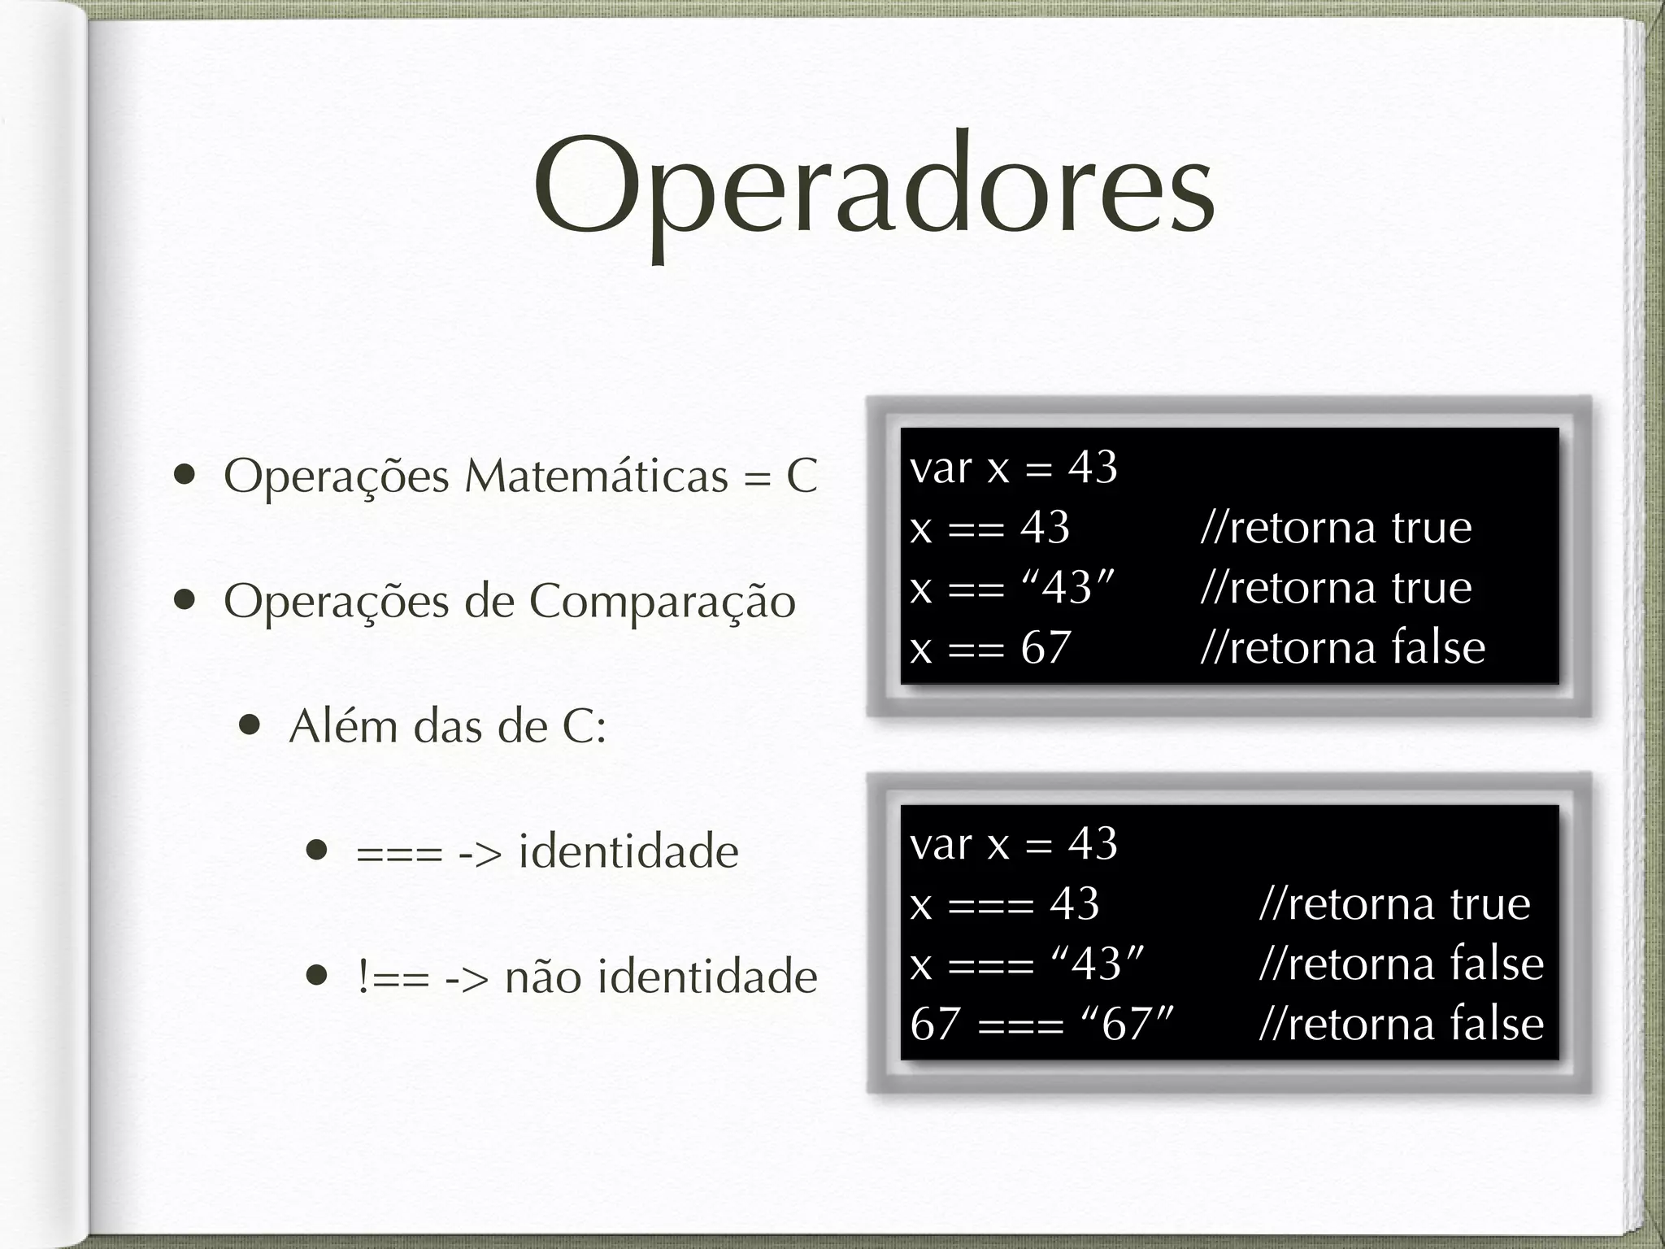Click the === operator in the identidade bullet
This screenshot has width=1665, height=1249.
coord(399,853)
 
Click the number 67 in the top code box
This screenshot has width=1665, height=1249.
coord(1046,648)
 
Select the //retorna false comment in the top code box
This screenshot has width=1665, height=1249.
coord(1342,648)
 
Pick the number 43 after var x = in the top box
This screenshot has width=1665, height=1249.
coord(1093,468)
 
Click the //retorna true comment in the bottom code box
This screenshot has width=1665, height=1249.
coord(1394,903)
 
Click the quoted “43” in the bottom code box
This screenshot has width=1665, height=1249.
coord(1097,964)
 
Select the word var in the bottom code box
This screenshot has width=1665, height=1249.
coord(941,845)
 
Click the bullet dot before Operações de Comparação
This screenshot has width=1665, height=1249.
coord(185,600)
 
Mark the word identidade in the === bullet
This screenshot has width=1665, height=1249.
coord(628,851)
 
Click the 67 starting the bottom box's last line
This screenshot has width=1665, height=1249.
coord(936,1024)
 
